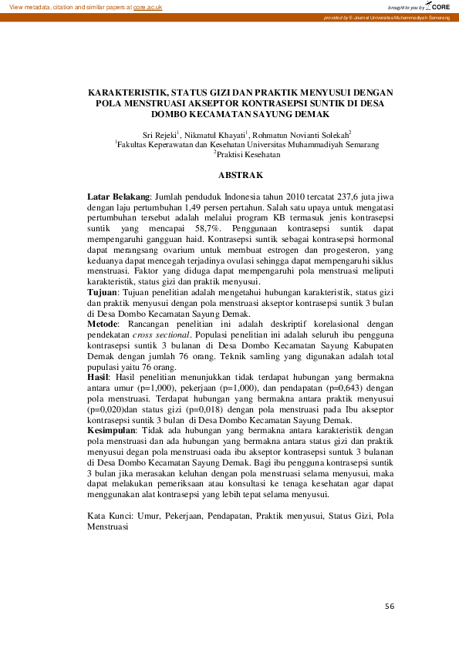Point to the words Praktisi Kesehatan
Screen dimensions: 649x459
(248, 154)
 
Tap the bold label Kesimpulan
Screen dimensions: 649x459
(112, 429)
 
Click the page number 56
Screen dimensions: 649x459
(390, 607)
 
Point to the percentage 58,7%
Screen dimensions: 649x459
(206, 230)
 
